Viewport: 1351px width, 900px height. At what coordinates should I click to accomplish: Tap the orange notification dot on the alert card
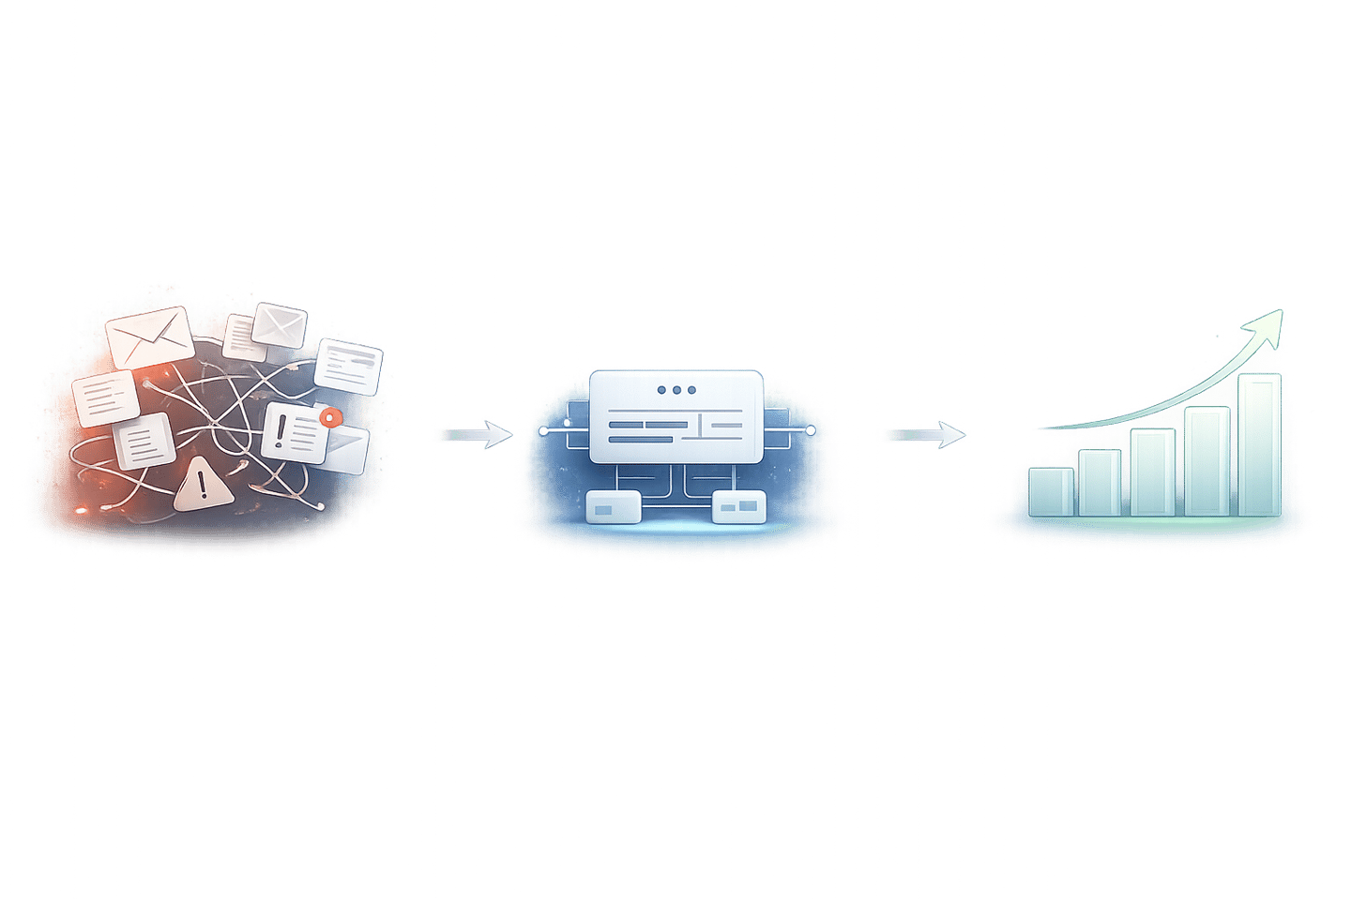pyautogui.click(x=326, y=417)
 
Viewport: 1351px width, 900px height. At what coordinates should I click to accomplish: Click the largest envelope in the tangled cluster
pyautogui.click(x=149, y=336)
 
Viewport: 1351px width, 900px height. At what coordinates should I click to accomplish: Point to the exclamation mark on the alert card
pyautogui.click(x=281, y=431)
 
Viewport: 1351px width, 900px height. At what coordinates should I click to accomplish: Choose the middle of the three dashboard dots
pyautogui.click(x=676, y=390)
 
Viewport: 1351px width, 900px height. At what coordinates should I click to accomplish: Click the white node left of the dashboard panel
pyautogui.click(x=543, y=431)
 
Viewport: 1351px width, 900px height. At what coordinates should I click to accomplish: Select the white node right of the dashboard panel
pyautogui.click(x=810, y=431)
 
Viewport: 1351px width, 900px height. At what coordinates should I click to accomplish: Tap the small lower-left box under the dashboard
pyautogui.click(x=613, y=507)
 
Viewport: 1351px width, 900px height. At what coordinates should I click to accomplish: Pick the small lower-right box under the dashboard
pyautogui.click(x=739, y=507)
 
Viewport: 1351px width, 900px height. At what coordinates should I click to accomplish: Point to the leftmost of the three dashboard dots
pyautogui.click(x=661, y=390)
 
